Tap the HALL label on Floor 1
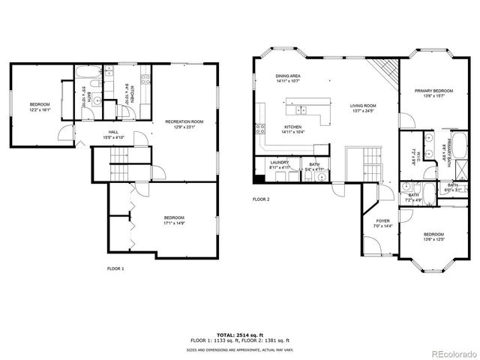(113, 133)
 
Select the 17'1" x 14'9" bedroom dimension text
(174, 223)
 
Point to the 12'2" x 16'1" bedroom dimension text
(39, 109)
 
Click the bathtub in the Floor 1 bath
(87, 73)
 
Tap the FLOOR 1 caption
(116, 268)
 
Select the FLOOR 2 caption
(261, 199)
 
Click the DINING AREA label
(288, 76)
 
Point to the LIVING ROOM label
(362, 106)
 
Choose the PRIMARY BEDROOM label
(434, 91)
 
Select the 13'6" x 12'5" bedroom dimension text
(434, 238)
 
